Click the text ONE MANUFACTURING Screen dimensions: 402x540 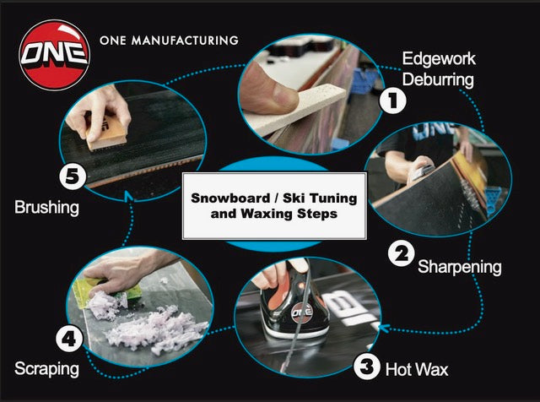coord(169,40)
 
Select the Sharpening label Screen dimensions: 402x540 coord(460,267)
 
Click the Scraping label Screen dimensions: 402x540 coord(47,369)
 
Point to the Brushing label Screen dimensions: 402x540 coord(48,205)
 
